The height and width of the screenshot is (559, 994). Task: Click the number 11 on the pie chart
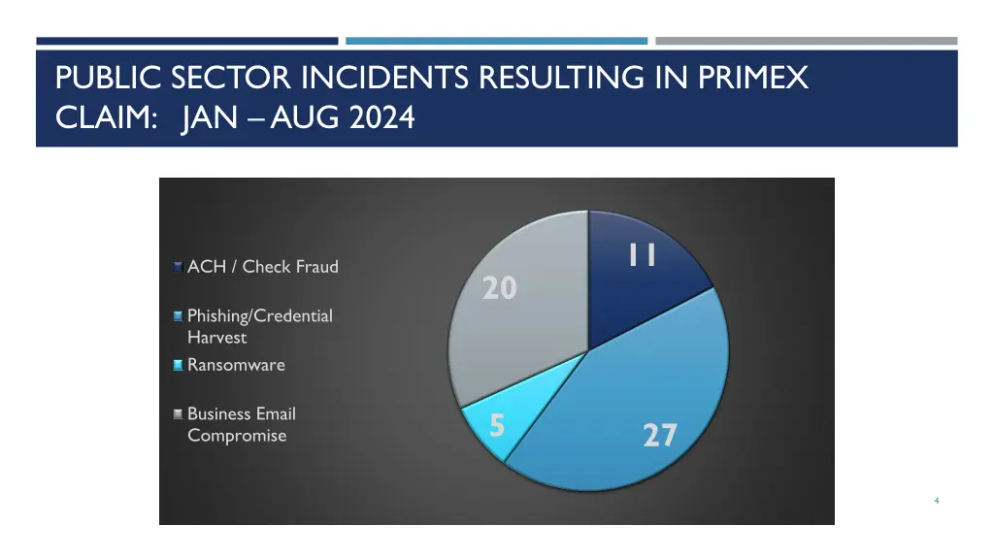click(x=642, y=254)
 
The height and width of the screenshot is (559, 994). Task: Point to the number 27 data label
click(x=659, y=435)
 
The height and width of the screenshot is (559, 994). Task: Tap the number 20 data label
click(x=500, y=288)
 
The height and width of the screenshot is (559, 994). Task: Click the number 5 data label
click(x=496, y=425)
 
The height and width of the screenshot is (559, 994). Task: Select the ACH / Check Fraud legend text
click(x=263, y=267)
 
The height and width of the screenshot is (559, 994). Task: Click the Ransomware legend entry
click(x=236, y=365)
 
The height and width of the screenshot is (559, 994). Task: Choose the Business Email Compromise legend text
click(x=241, y=424)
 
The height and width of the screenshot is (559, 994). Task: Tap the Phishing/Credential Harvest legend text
click(x=259, y=326)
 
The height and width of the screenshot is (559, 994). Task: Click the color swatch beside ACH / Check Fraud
click(x=178, y=267)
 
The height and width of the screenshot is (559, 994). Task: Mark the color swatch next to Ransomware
click(x=178, y=366)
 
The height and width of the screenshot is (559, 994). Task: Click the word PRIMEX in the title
click(x=752, y=78)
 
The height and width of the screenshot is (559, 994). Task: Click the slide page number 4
click(x=936, y=500)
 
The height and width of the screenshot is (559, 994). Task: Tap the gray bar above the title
click(x=806, y=41)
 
